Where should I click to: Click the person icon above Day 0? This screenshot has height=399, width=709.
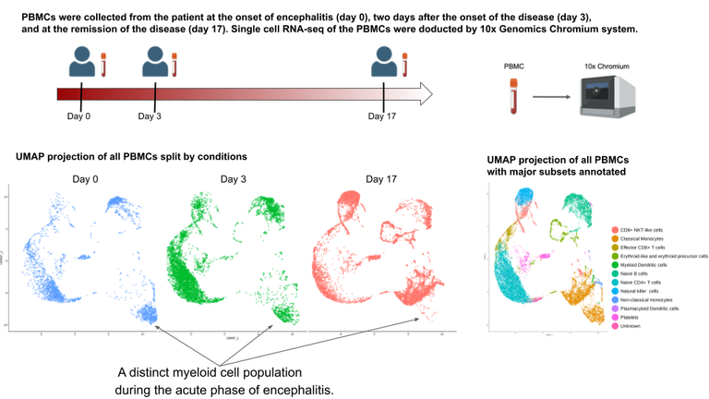coord(80,63)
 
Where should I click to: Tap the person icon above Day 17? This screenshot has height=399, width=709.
coord(381,63)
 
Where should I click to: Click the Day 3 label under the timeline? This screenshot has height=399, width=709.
coord(150,116)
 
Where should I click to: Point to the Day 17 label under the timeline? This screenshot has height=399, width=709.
coord(381,116)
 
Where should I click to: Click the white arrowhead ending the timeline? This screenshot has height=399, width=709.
coord(425,92)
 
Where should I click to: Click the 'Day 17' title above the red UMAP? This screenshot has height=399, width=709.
coord(380,178)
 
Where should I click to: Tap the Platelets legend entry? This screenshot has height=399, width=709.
coord(631,317)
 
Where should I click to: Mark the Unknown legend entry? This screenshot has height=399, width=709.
coord(631,326)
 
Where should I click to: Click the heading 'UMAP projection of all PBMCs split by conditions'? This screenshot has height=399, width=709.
coord(131,157)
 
